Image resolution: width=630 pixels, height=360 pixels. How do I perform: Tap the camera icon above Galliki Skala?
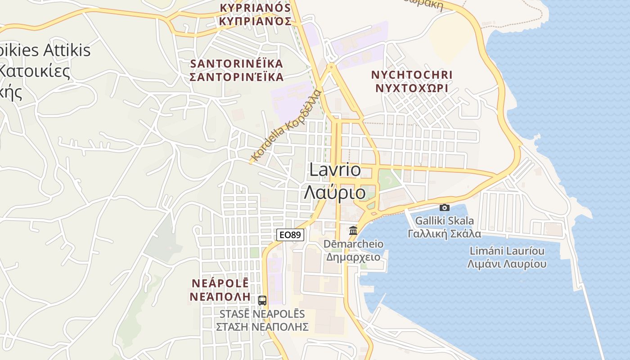tap(444, 207)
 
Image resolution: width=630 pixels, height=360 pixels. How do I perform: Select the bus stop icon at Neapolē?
tap(262, 300)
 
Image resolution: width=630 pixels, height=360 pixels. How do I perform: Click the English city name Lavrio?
tap(335, 170)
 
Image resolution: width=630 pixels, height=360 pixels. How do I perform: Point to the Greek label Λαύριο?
tap(335, 193)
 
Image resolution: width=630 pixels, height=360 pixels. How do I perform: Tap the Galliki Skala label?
tap(444, 221)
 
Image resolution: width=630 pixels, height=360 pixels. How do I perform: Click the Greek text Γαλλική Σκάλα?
tap(444, 234)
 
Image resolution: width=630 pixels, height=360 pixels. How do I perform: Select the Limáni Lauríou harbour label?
tap(507, 251)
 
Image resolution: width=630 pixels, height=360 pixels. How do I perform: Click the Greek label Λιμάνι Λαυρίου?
tap(507, 264)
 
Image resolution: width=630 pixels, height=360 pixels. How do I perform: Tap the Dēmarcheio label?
tap(354, 244)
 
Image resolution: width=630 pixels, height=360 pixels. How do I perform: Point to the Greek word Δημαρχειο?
tap(354, 257)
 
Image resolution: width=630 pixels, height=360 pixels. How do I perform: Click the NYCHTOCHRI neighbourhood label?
tap(412, 75)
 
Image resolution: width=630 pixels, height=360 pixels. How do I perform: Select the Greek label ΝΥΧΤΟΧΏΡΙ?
tap(412, 88)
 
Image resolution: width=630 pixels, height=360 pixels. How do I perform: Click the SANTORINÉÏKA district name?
tap(237, 63)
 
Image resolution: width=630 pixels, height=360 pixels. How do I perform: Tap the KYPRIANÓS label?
tap(255, 8)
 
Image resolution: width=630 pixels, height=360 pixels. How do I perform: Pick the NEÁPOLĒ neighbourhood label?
tap(220, 283)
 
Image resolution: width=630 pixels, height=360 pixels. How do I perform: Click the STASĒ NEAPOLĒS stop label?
tap(262, 314)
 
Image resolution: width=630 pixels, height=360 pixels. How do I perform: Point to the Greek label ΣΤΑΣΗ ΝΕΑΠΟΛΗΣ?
tap(262, 327)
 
